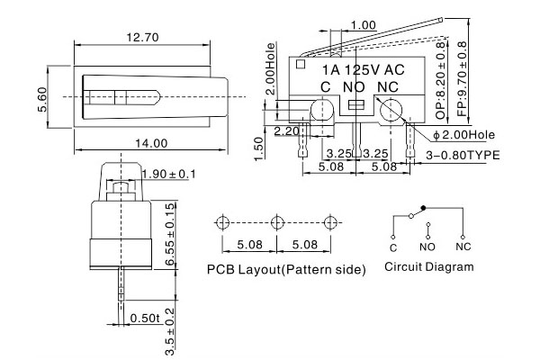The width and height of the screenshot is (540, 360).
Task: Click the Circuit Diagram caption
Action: tap(429, 267)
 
